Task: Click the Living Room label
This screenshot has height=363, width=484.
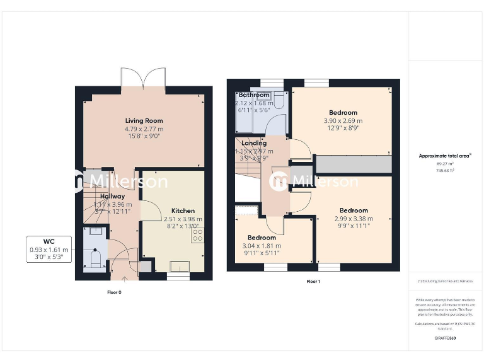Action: point(144,120)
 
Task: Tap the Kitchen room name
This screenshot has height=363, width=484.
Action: point(183,210)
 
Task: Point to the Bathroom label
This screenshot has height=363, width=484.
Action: point(254,95)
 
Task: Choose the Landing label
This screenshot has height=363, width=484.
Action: point(254,143)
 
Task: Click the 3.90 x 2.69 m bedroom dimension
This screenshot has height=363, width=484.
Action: point(343,121)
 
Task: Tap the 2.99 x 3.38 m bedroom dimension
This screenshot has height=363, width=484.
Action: point(354,219)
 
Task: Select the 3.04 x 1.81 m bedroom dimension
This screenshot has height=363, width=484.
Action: point(262,246)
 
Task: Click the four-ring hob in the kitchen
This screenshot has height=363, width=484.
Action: point(197,235)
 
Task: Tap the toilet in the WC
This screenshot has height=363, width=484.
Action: point(96,258)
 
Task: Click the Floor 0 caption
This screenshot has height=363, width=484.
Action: point(114,292)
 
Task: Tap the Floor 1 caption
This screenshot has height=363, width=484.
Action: point(313,281)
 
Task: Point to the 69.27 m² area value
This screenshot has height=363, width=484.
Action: point(446,164)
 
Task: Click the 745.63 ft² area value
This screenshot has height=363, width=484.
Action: point(446,170)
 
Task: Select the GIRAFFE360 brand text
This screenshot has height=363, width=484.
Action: point(446,338)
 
